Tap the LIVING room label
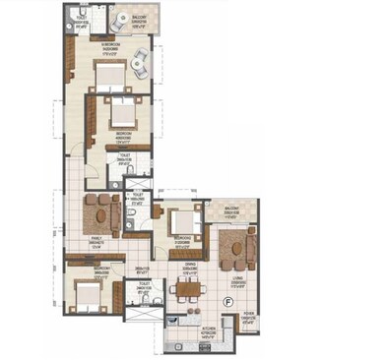(236, 281)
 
